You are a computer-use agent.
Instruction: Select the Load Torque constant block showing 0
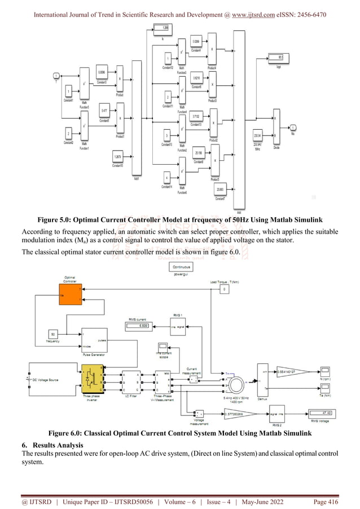(x=226, y=289)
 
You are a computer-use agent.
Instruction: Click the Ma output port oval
(x=293, y=127)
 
